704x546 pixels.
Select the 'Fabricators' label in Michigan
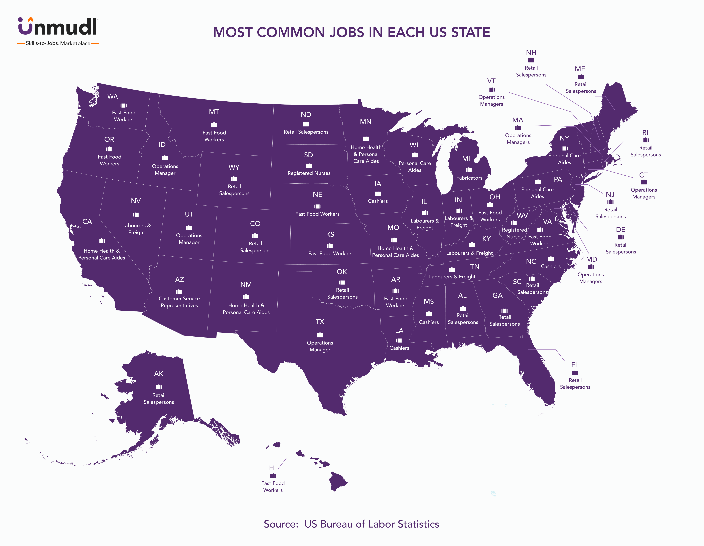469,178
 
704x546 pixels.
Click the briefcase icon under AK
159,387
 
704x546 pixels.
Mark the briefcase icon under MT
214,125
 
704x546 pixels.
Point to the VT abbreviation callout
491,81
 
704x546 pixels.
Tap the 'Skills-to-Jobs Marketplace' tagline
58,43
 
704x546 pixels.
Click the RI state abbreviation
645,133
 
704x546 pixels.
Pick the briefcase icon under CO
255,236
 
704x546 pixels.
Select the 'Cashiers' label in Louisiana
399,348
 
